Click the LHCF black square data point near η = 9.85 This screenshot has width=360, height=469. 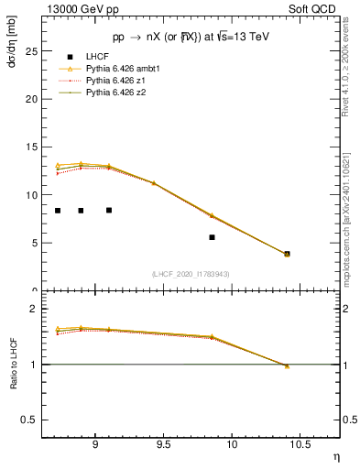212,237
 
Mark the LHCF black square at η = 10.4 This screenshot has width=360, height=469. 287,254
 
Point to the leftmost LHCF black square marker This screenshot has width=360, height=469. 58,211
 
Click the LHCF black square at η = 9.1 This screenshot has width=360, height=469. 109,210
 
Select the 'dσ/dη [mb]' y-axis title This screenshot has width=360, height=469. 12,45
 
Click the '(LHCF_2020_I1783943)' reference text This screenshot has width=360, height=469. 191,274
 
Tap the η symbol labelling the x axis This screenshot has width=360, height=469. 335,455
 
